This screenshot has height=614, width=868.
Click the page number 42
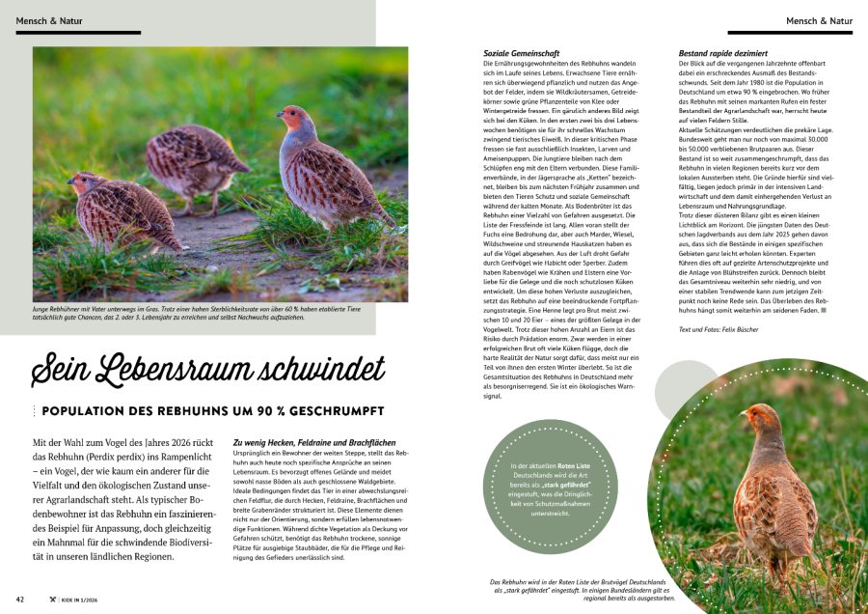(20, 600)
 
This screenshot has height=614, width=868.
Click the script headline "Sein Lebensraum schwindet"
(207, 370)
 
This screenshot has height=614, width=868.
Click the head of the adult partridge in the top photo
(297, 120)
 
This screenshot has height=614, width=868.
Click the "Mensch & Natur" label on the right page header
(819, 20)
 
